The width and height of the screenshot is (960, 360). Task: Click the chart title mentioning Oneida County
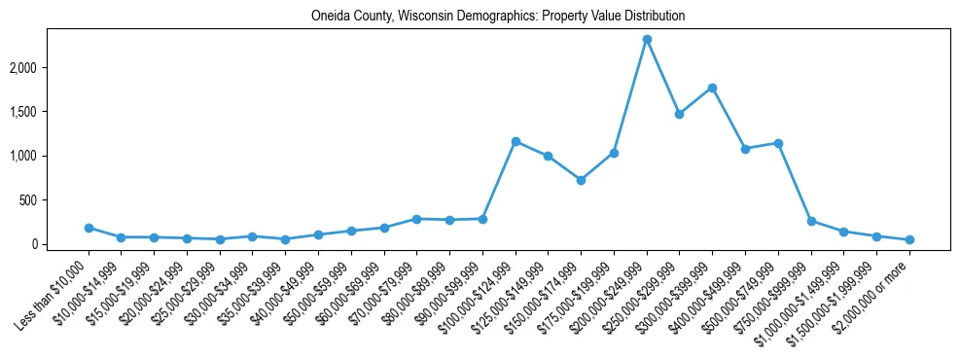tap(498, 17)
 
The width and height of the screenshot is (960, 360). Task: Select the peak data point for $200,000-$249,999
tap(647, 40)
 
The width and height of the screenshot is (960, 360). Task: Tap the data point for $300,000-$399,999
tap(713, 88)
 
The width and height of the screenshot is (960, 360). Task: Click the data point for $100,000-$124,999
tap(516, 142)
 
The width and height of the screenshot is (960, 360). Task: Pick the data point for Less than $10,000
tap(89, 228)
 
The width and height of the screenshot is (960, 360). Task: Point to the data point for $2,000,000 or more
tap(909, 239)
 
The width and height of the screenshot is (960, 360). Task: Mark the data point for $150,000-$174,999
tap(581, 180)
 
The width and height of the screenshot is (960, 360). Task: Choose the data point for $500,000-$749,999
tap(778, 143)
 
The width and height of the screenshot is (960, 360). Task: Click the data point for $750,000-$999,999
tap(811, 221)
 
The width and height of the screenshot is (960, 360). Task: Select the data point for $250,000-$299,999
tap(680, 114)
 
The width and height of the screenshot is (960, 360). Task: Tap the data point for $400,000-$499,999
tap(745, 149)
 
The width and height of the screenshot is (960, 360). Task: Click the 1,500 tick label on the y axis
tap(50, 112)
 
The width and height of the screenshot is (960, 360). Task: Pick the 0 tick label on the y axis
tap(60, 244)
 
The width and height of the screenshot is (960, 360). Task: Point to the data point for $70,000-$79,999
tap(416, 219)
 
